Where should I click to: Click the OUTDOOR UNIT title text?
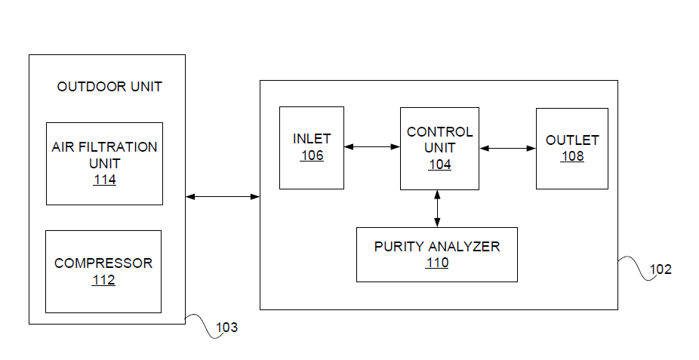coord(109,87)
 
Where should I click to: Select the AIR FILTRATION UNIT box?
coord(104,163)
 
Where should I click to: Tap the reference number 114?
coord(105,180)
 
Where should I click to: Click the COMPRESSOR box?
coord(103,271)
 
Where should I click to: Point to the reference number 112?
coord(103,280)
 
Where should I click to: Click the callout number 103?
coord(226,328)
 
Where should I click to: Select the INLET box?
coord(312,147)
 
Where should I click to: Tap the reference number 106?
coord(312,155)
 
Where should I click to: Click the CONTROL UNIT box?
coord(439,148)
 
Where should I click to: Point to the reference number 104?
coord(439,165)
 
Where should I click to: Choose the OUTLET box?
coord(571,148)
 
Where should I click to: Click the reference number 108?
coord(572,156)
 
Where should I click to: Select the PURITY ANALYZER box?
coord(436,254)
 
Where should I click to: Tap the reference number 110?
coord(436,263)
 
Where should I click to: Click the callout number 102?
coord(660,269)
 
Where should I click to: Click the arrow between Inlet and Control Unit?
coord(371,147)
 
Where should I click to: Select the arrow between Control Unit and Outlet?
coord(507,149)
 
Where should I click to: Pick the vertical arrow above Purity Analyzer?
coord(438,208)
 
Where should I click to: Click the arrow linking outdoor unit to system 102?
coord(223,197)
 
